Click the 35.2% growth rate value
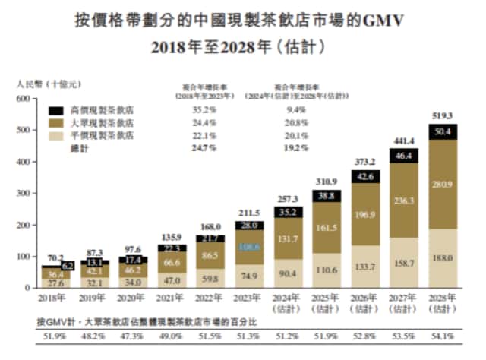199,109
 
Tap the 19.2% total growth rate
296,147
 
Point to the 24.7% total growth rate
199,147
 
